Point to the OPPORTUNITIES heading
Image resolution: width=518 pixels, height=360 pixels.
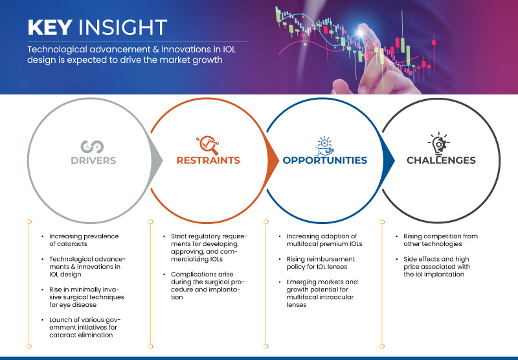tap(324, 160)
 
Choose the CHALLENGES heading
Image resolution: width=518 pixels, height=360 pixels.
tap(442, 160)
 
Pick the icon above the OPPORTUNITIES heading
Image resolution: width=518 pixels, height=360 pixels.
tap(324, 143)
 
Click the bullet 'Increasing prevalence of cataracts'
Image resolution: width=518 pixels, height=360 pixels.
tap(81, 240)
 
